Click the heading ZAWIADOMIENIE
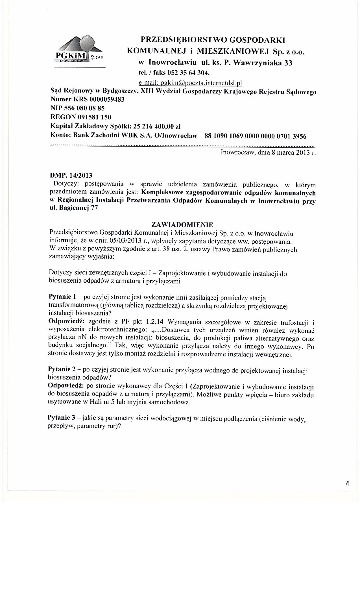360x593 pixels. pyautogui.click(x=182, y=225)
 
